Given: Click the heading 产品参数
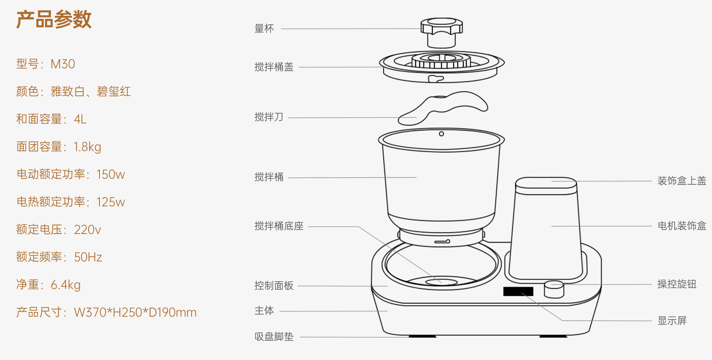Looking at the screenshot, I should point(54,20).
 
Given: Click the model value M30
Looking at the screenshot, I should point(63,64).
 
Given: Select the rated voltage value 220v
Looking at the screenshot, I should point(87,230).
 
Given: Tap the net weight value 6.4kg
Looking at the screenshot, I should point(66,285).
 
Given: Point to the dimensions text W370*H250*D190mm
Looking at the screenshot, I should point(135,312).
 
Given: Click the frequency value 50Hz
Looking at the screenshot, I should point(88,257).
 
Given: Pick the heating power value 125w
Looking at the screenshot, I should point(111,202).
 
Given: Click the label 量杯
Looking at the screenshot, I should point(264,29).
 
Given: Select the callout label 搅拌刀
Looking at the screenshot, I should point(269,117).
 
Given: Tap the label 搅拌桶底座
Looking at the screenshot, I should point(279,226).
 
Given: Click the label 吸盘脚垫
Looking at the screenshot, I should point(274,337).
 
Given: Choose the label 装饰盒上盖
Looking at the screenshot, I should point(682,181).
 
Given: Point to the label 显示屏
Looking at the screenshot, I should point(672,321).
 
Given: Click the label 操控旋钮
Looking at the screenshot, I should point(677,284).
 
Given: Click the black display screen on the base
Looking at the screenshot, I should point(518,291).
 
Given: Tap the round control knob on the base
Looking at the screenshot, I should point(554,290).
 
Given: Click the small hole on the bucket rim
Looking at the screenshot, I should point(442,134).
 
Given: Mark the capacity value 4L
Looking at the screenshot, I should point(80,119).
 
